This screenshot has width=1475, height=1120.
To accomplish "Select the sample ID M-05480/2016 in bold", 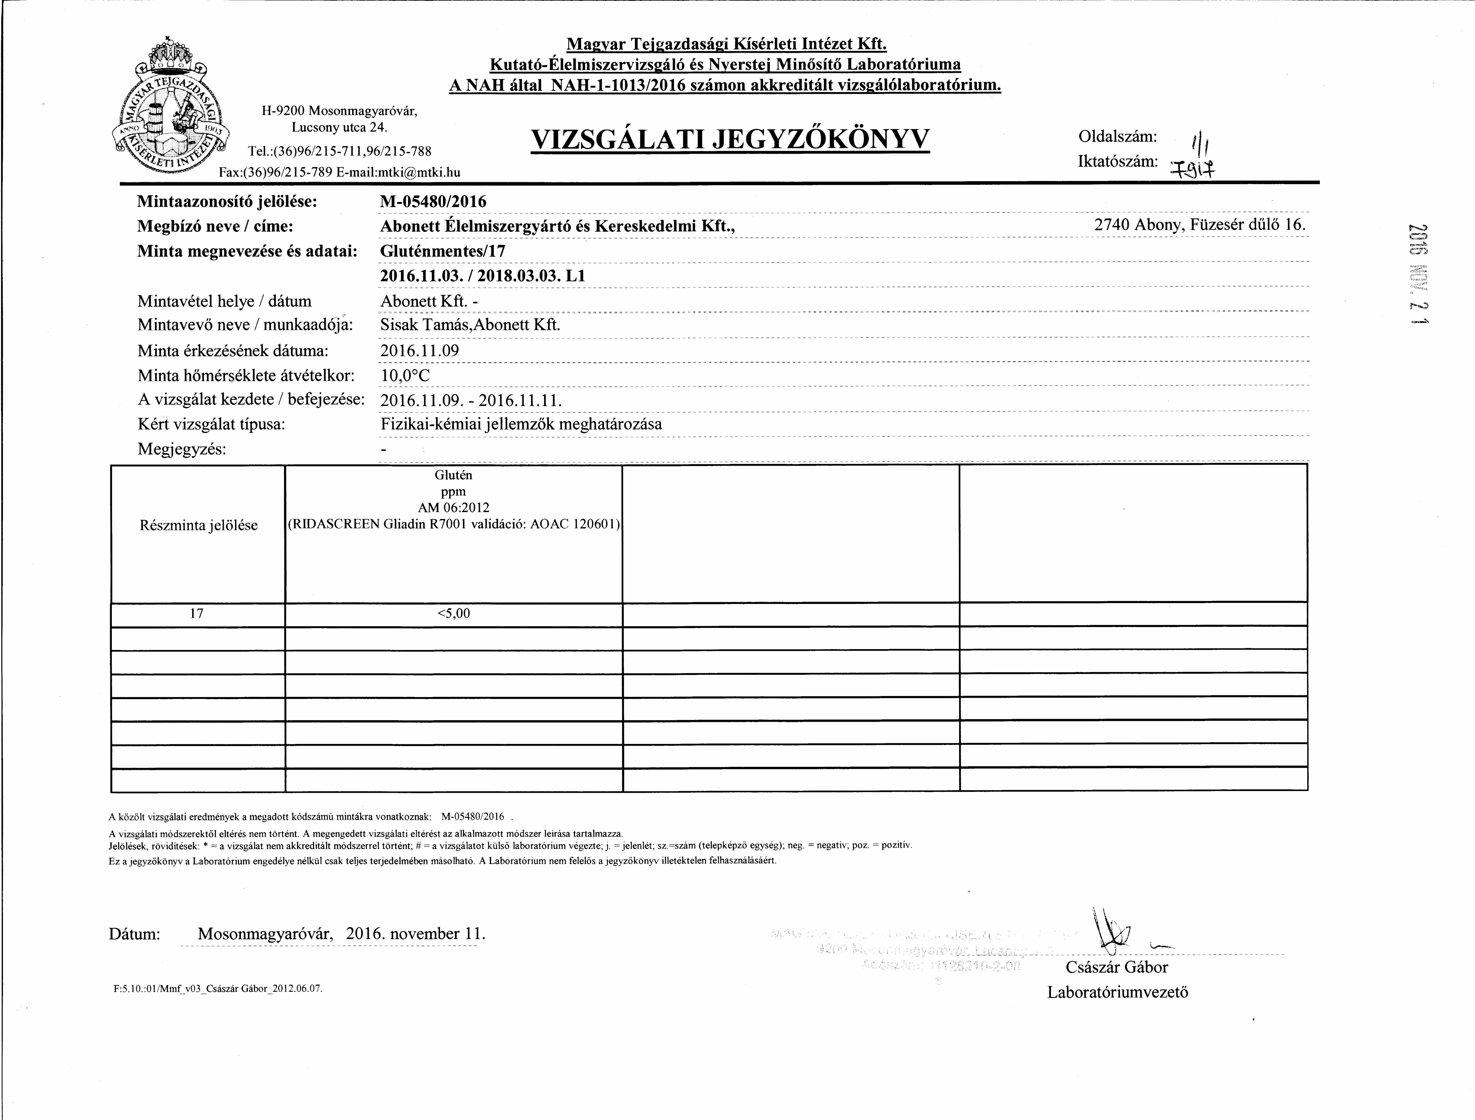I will tap(434, 201).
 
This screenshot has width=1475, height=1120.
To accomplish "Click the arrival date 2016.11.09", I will tap(419, 351).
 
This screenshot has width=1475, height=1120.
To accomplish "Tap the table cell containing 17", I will tap(197, 613).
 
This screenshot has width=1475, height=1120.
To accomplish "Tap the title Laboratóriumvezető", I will tap(1118, 992).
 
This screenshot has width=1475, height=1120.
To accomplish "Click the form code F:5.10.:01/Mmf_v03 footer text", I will tap(218, 989).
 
